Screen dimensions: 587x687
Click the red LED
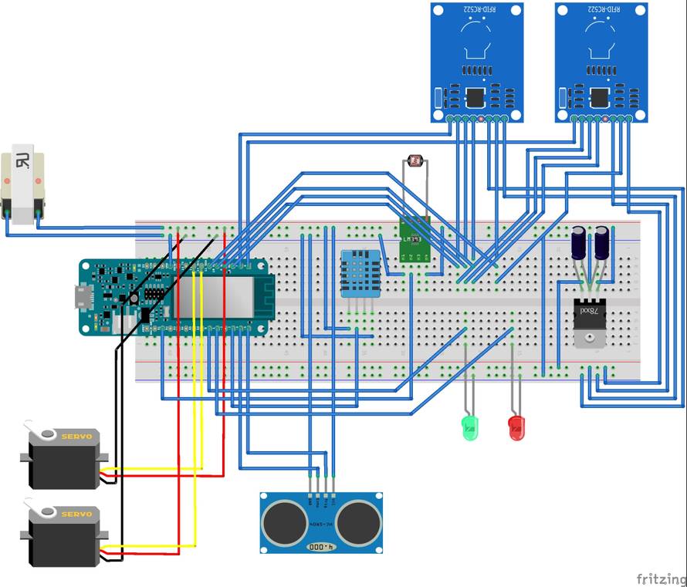pos(516,426)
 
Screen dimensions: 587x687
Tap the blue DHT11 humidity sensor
pos(360,272)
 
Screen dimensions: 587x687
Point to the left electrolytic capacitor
pos(578,241)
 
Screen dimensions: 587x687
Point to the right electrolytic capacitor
pos(602,241)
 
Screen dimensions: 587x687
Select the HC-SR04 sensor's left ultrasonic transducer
pos(286,522)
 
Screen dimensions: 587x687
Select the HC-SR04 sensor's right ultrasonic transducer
pos(357,522)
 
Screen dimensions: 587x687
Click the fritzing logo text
pos(660,579)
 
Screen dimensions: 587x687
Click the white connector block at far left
pos(22,185)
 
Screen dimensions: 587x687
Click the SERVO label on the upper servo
pos(76,437)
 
